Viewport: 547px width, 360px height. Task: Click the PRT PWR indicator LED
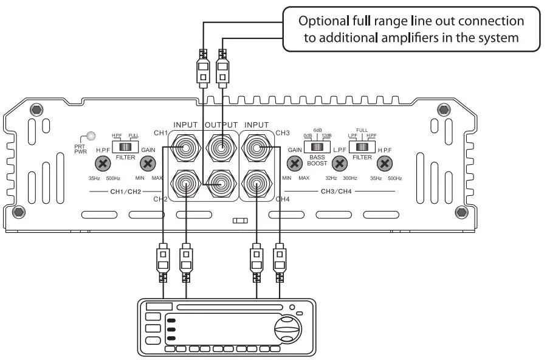[92, 137]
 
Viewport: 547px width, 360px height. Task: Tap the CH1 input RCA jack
[185, 148]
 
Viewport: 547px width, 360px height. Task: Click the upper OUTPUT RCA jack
[221, 148]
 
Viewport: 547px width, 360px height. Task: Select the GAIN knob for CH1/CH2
[148, 163]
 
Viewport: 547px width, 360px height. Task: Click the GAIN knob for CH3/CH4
[295, 163]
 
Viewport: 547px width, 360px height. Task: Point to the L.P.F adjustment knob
[340, 163]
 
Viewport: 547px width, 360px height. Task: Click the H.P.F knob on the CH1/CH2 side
[103, 163]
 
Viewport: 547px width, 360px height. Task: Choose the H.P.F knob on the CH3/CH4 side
[384, 163]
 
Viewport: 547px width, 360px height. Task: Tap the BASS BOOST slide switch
[317, 147]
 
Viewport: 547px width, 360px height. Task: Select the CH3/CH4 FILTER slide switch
[362, 147]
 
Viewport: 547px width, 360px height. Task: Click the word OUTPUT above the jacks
[221, 125]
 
